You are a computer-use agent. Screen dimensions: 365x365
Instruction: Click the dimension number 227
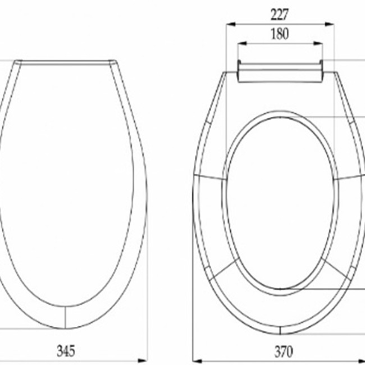(280, 15)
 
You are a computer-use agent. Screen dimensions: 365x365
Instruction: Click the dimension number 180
(280, 34)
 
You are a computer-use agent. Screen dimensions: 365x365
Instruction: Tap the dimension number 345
(66, 351)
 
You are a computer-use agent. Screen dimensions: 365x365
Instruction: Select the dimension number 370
(284, 352)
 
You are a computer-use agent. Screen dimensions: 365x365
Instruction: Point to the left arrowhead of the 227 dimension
(231, 24)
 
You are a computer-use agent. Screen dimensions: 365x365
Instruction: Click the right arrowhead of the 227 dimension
(330, 24)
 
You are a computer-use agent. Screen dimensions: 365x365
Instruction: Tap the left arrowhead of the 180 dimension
(242, 43)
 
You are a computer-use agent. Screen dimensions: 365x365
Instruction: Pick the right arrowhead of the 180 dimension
(318, 43)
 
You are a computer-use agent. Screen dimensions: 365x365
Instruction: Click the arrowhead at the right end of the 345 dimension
(142, 361)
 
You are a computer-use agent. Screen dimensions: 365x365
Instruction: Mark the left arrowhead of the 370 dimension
(198, 362)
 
